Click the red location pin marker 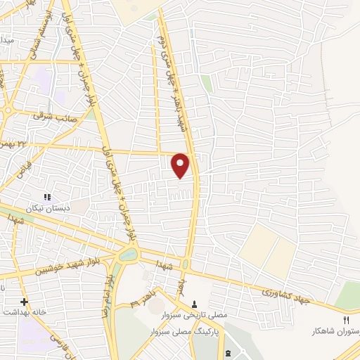[x=181, y=165]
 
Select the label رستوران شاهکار [x=337, y=330]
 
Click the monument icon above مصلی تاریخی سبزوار [x=195, y=304]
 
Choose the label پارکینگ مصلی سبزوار [x=188, y=329]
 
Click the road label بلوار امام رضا [x=109, y=288]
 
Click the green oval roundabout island [x=127, y=255]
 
